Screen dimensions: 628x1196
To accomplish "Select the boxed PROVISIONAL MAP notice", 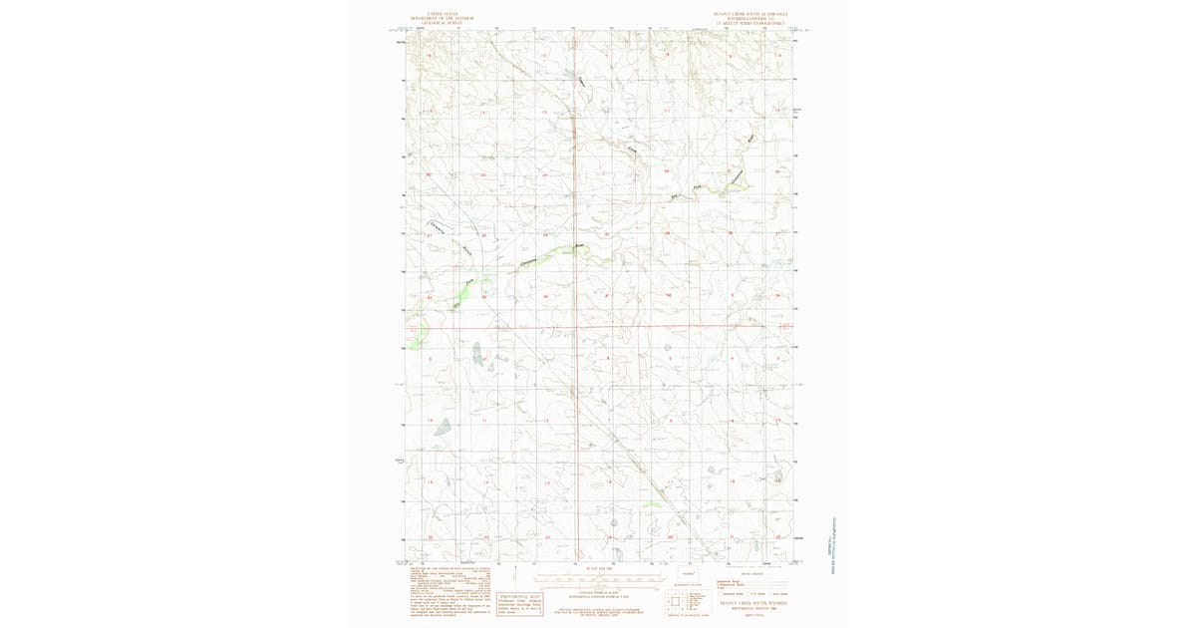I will tap(520, 603).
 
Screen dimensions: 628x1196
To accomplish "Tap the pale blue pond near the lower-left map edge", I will tap(442, 426).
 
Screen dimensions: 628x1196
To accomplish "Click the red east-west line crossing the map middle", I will tap(598, 326).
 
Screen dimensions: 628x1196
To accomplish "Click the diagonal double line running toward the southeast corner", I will tap(658, 488).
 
